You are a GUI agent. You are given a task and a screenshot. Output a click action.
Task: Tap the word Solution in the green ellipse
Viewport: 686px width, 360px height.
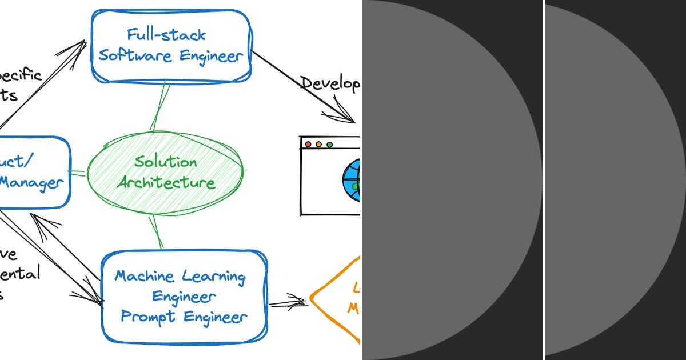click(165, 162)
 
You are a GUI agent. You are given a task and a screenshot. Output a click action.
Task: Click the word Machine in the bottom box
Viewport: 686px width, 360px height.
click(145, 277)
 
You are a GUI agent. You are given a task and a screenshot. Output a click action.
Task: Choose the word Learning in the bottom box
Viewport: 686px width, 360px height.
click(214, 277)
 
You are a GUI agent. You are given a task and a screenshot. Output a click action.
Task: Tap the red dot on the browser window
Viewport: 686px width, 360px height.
click(308, 145)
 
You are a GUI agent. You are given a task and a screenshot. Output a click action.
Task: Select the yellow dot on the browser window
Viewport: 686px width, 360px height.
click(318, 145)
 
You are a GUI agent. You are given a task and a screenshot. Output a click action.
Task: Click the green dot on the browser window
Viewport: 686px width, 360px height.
click(329, 145)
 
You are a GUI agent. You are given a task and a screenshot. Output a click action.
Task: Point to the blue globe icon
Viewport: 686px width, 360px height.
click(352, 181)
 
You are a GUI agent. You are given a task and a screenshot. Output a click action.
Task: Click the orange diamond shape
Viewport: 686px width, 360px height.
click(337, 300)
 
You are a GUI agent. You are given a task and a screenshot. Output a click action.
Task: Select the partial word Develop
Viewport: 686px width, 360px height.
click(330, 84)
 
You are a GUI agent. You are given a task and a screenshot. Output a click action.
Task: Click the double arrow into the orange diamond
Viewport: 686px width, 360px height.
click(289, 303)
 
